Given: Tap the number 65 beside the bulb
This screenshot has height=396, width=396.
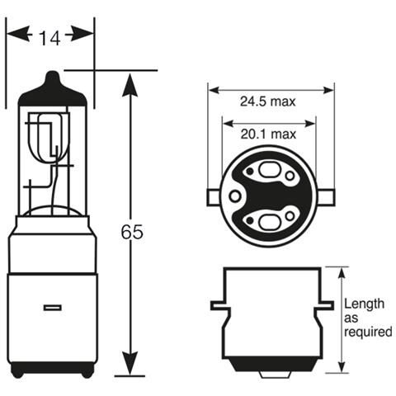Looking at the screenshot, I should [131, 233].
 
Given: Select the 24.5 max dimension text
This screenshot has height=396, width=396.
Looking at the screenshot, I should [268, 102].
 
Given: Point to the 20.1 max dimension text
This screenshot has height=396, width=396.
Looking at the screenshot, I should [268, 134].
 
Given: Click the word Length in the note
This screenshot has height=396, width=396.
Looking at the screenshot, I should [362, 304].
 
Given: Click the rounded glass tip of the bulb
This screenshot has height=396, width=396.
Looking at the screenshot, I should [51, 79].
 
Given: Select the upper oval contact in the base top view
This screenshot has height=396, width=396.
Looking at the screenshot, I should [270, 172].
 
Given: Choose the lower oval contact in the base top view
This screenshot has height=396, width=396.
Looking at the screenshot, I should [270, 220].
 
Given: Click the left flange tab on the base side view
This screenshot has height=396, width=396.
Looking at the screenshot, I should [217, 305].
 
